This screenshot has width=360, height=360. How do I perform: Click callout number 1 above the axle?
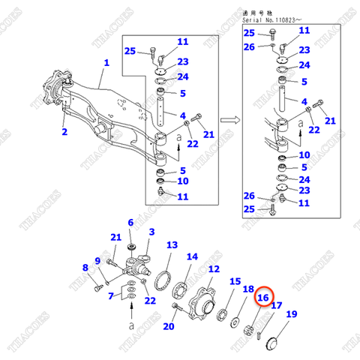point(106,63)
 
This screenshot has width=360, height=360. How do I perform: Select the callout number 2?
point(64,132)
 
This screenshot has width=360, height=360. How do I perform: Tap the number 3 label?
point(151,232)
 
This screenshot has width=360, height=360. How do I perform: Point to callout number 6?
point(130,223)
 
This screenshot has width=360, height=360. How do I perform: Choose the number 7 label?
point(112,296)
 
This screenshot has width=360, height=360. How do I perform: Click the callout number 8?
point(85,268)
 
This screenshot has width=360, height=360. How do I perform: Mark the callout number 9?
point(97,259)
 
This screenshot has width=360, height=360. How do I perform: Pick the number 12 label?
point(214,269)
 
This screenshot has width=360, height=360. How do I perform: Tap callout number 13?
point(172,245)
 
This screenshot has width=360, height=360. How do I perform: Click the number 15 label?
point(235,281)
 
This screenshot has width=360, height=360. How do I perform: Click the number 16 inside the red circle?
point(262,298)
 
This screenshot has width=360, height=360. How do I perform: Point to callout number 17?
point(276,305)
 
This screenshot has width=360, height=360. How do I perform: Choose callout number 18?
point(248,289)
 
